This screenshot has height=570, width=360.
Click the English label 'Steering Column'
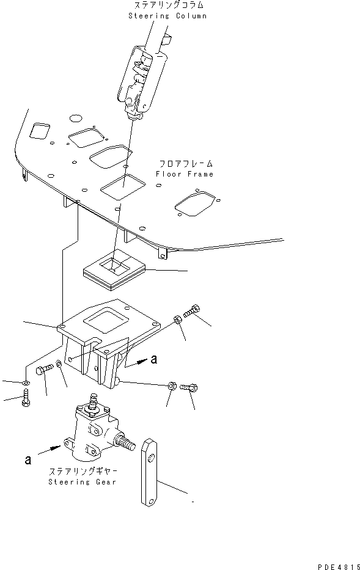(x=167, y=15)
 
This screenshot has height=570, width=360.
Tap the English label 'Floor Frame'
(x=184, y=174)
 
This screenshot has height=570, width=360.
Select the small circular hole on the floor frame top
(x=76, y=117)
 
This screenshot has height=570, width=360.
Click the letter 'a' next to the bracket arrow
(x=154, y=360)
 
